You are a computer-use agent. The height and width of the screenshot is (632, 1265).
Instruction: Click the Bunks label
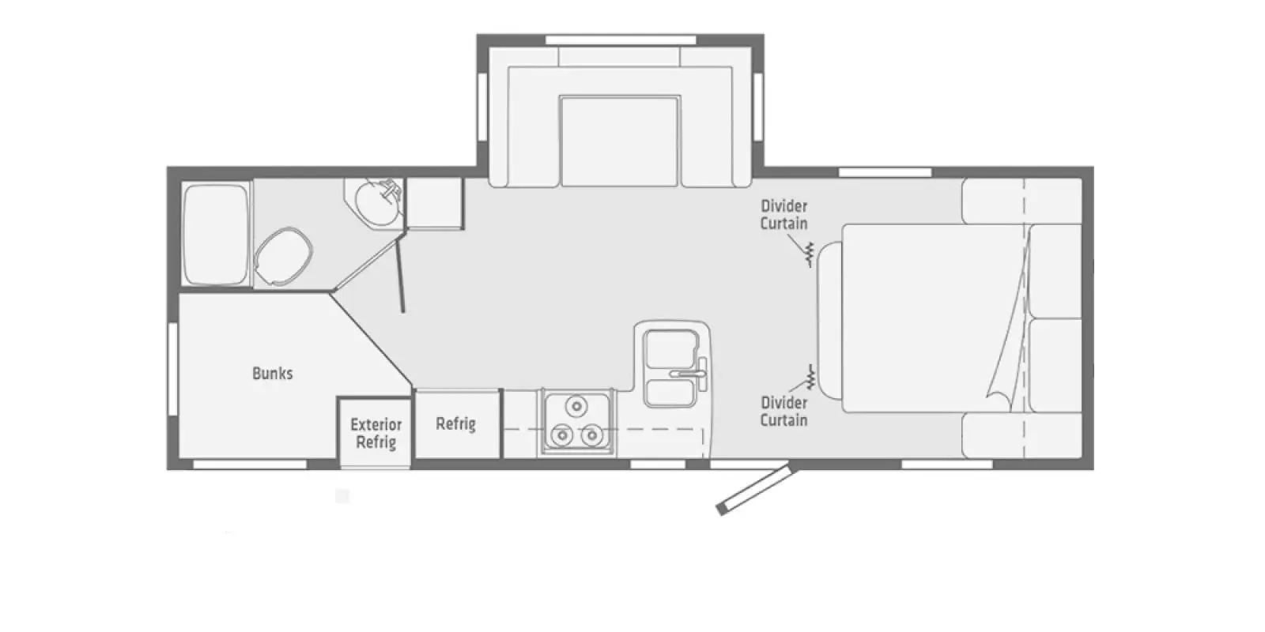tap(272, 373)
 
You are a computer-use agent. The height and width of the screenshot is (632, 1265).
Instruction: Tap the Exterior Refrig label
tap(376, 434)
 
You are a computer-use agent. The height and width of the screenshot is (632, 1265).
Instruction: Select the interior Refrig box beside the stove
tap(456, 424)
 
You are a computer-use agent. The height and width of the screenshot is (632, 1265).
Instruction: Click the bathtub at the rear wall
tap(215, 234)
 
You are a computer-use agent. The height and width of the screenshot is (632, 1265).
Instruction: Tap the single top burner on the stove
tap(576, 406)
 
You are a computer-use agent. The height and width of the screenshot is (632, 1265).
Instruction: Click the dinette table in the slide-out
tap(620, 141)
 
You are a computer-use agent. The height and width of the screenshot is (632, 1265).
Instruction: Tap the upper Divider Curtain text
tap(784, 215)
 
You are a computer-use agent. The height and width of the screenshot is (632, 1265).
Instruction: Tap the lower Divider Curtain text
tap(784, 412)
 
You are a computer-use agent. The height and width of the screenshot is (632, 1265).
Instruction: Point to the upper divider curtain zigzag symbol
tap(809, 254)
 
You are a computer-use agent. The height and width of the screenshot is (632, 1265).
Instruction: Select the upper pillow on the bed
tap(1055, 269)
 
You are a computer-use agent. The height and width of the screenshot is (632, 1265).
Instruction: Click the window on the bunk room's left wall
tap(172, 367)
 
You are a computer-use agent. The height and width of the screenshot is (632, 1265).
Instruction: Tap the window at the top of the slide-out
tap(620, 39)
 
